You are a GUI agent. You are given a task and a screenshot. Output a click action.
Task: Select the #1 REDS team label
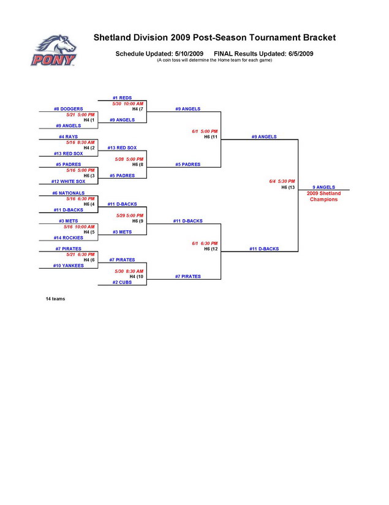tap(123, 98)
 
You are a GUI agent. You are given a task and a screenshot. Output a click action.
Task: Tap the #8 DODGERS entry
tap(69, 109)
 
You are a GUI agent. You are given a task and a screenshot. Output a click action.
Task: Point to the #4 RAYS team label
tap(68, 137)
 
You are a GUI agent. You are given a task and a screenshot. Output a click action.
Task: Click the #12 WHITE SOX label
tap(69, 181)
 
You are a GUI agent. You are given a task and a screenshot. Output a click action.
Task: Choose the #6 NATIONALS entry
tap(68, 193)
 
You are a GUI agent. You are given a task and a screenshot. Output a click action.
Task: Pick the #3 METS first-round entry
tap(68, 220)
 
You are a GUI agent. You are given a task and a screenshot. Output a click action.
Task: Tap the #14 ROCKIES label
tap(68, 238)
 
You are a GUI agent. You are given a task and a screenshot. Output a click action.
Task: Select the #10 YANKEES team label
tap(69, 266)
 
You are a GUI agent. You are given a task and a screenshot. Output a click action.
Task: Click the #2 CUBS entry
tap(122, 282)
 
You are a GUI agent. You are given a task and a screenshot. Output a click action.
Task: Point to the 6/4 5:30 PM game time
tap(282, 181)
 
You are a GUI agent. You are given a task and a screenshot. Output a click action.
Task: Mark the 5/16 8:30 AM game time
tap(81, 142)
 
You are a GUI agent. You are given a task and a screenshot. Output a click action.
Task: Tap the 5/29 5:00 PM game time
tap(130, 215)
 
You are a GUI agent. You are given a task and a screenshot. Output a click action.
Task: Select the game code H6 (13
tap(289, 187)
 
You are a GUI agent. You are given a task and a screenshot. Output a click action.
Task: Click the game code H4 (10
tap(137, 277)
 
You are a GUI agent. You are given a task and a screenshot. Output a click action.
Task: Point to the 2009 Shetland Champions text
tap(323, 196)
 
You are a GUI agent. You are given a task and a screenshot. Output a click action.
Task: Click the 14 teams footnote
tap(55, 299)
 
